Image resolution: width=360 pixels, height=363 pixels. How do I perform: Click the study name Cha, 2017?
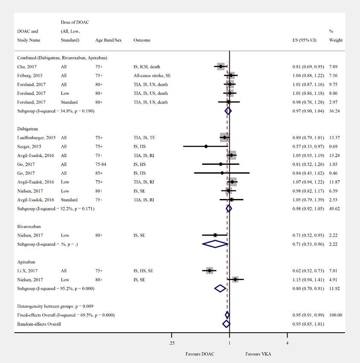coord(26,67)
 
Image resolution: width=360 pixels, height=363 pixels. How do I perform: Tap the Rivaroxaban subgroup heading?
coord(29,226)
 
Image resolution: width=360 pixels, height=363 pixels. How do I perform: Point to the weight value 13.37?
coord(336,138)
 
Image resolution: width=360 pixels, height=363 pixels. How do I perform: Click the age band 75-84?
coord(102,164)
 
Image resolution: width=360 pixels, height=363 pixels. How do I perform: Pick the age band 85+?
coord(100,173)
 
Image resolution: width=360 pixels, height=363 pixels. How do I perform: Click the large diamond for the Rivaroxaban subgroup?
coord(215,244)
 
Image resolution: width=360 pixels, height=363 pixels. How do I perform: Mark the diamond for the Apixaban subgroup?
coord(220,288)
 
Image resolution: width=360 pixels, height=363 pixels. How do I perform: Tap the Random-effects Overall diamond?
coord(226,324)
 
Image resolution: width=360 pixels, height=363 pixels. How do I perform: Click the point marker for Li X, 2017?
coord(209,271)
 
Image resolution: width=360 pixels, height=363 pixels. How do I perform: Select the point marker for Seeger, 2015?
coord(206,146)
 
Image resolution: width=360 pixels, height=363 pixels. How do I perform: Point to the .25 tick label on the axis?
coord(172,343)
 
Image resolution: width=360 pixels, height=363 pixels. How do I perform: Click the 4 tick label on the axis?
coord(287,343)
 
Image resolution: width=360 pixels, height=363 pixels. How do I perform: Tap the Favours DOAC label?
coord(200,354)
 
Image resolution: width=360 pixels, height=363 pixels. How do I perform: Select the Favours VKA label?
coord(258,354)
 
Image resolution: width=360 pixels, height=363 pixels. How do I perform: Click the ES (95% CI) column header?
coord(301,40)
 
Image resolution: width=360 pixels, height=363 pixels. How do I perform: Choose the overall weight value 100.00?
coord(336,315)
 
